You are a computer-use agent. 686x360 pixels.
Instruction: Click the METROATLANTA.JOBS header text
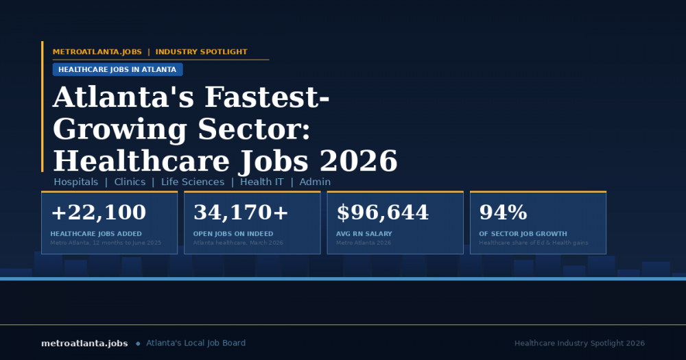(x=97, y=52)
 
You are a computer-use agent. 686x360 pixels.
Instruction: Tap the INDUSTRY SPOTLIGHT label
(x=201, y=52)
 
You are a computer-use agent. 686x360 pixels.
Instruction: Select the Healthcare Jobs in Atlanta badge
(x=117, y=69)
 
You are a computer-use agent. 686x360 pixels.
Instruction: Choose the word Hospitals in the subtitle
(x=76, y=182)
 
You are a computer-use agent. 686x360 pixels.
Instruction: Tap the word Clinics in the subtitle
(x=130, y=182)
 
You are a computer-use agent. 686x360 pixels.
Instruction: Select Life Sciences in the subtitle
(x=193, y=182)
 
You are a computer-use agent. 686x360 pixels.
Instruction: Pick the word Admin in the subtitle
(x=315, y=182)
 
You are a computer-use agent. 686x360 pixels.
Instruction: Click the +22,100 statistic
(x=98, y=213)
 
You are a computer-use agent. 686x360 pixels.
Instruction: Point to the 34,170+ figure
(x=241, y=213)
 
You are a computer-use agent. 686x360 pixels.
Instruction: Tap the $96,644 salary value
(x=383, y=213)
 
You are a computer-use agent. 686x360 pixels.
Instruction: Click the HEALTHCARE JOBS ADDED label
(x=96, y=234)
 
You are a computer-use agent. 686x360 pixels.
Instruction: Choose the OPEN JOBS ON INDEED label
(x=233, y=234)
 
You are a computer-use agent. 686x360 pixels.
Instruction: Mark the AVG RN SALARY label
(x=364, y=234)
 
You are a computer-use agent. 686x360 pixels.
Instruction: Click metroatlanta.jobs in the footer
(x=84, y=343)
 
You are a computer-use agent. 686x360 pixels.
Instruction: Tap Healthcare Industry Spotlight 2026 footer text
(x=580, y=343)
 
